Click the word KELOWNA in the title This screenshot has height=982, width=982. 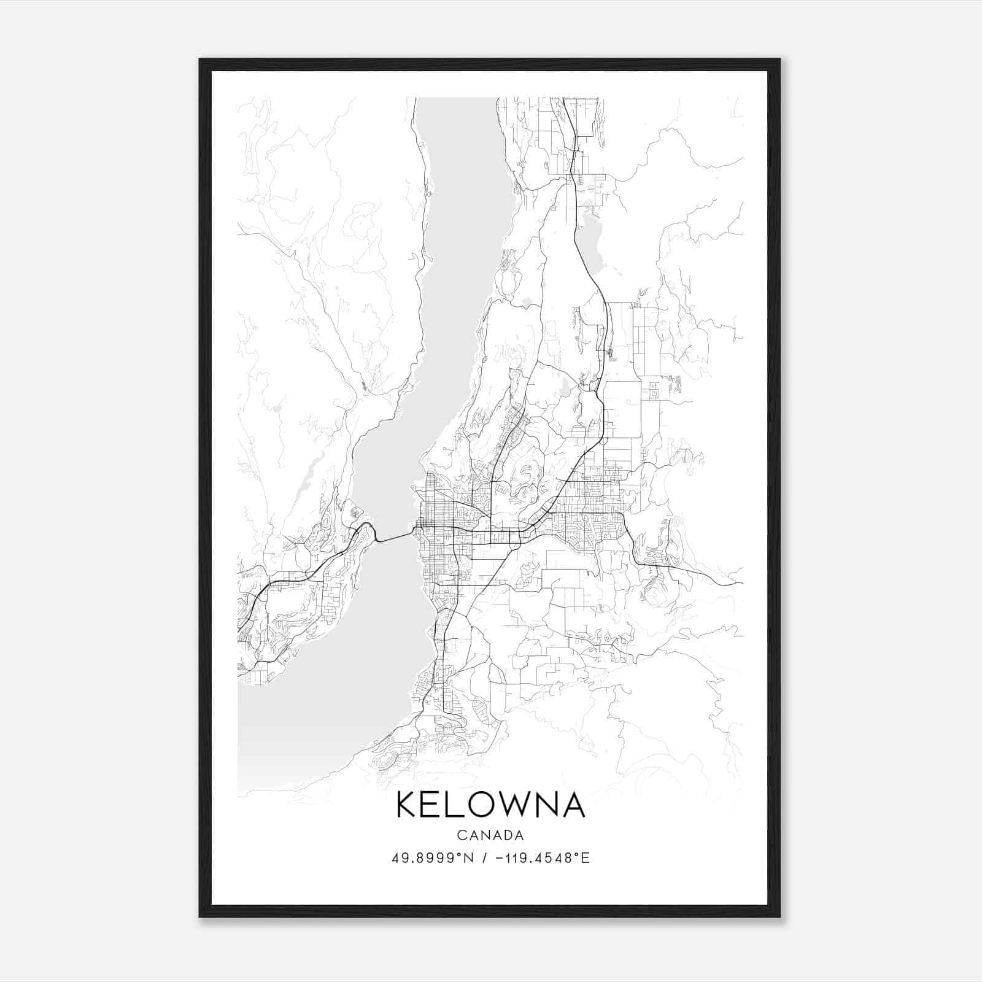click(490, 805)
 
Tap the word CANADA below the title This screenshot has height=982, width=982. click(490, 835)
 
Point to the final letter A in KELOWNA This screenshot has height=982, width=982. click(573, 805)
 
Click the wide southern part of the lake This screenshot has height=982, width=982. click(319, 724)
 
